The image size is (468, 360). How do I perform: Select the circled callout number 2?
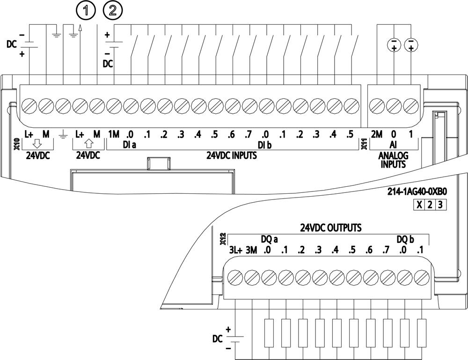(113, 9)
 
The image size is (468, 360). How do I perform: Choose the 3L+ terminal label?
(235, 250)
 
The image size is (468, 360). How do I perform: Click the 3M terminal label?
(252, 250)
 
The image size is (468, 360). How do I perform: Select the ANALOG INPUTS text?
(394, 160)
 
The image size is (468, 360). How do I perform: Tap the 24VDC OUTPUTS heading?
(331, 228)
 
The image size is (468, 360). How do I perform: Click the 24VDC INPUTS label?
(232, 155)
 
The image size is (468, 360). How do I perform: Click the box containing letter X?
(419, 205)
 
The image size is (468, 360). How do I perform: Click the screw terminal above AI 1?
(411, 103)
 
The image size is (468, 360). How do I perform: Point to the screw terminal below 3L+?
(234, 278)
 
